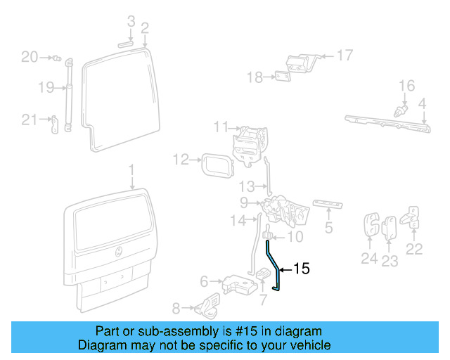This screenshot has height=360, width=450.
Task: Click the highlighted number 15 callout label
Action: coord(301,268)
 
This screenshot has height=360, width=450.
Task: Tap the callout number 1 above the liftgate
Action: coord(131,169)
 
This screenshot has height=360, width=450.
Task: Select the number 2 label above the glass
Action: coord(144,28)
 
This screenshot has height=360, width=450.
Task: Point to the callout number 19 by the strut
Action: coord(46,88)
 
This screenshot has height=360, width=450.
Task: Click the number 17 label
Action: coord(345,54)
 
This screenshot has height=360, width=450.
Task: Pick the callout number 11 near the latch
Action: coord(221,127)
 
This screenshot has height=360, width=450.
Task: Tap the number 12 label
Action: coord(181,160)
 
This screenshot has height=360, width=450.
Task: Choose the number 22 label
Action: coord(415,247)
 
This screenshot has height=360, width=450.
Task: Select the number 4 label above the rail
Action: coord(423,105)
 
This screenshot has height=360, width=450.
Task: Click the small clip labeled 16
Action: coord(401,110)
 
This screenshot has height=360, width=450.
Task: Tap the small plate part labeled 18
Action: coord(283,77)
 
